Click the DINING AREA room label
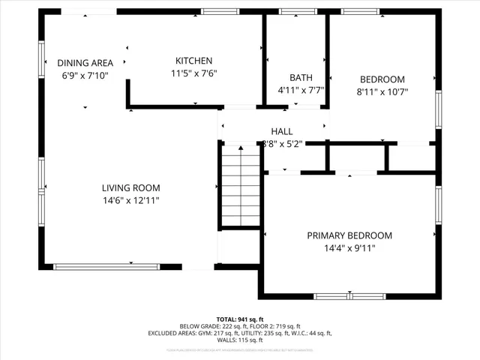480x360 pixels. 85,63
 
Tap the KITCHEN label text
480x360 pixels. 193,61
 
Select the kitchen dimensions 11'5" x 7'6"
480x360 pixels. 193,73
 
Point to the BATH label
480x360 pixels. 301,78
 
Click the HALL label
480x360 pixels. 282,131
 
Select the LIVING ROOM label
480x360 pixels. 131,187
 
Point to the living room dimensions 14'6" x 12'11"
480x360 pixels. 131,200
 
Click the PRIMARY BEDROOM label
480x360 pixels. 349,235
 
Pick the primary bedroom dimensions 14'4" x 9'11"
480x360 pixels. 349,248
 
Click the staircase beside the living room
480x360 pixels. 240,185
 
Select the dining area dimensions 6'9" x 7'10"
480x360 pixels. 85,76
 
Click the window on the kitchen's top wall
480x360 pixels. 216,11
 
